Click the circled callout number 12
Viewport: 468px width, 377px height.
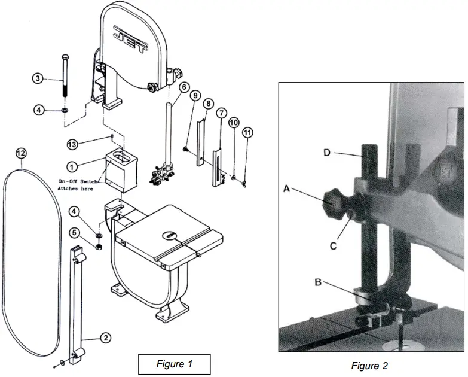pyautogui.click(x=20, y=153)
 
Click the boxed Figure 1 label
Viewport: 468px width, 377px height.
pyautogui.click(x=174, y=364)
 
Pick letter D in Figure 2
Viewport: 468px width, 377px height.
pyautogui.click(x=328, y=153)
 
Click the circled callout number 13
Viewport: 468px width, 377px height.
pyautogui.click(x=72, y=145)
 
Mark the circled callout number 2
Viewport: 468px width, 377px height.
pyautogui.click(x=105, y=338)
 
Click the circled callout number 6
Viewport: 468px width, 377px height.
pyautogui.click(x=183, y=87)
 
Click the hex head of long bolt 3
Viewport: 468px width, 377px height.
pyautogui.click(x=63, y=57)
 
